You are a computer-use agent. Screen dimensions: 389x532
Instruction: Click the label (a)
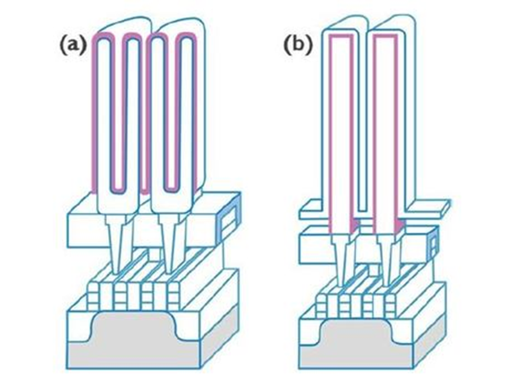click(x=72, y=46)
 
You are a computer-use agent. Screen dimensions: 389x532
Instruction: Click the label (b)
click(x=297, y=46)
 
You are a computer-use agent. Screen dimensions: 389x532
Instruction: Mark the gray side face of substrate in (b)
click(x=429, y=341)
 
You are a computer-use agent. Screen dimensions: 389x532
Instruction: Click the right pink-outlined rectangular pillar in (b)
click(x=386, y=131)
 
